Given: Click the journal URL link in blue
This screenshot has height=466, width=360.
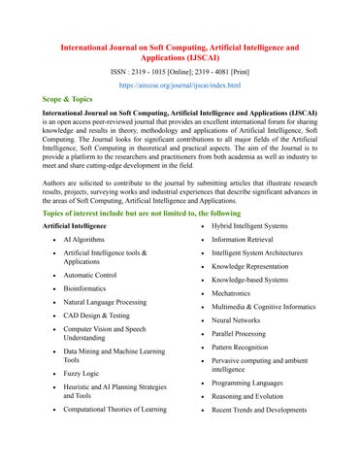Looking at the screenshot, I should pos(179,85).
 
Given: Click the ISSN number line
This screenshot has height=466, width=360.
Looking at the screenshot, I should pos(179,70).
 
